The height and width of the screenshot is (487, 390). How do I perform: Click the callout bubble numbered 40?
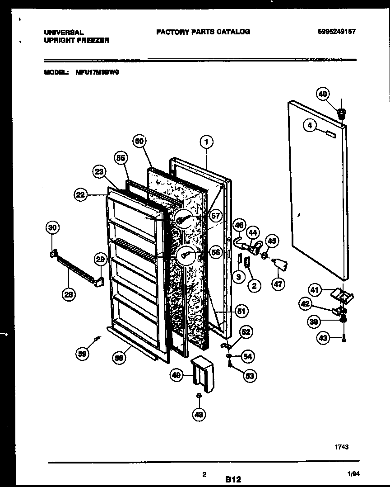[x=323, y=94]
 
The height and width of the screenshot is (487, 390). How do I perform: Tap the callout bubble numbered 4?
[x=310, y=126]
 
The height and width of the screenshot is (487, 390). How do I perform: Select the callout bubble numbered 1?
[x=206, y=142]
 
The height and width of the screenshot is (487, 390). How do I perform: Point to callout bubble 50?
[x=140, y=142]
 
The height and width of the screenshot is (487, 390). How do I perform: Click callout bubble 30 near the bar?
[x=53, y=228]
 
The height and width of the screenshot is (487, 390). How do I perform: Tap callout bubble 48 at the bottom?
[x=199, y=414]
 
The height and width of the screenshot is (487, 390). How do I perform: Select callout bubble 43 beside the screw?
[x=323, y=337]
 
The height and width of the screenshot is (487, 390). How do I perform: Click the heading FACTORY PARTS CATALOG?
[x=203, y=32]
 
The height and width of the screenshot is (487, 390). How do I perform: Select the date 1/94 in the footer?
[x=354, y=473]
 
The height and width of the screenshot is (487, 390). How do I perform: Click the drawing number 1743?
[x=341, y=447]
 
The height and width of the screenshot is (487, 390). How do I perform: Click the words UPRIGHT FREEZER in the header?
[x=76, y=40]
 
